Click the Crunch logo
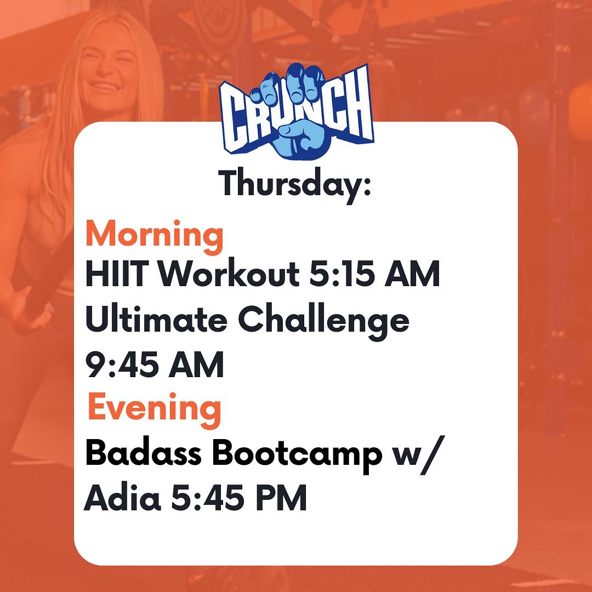point(297,112)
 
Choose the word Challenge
point(323,322)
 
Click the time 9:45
point(122,365)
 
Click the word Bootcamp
point(297,454)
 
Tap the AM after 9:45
point(196,365)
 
